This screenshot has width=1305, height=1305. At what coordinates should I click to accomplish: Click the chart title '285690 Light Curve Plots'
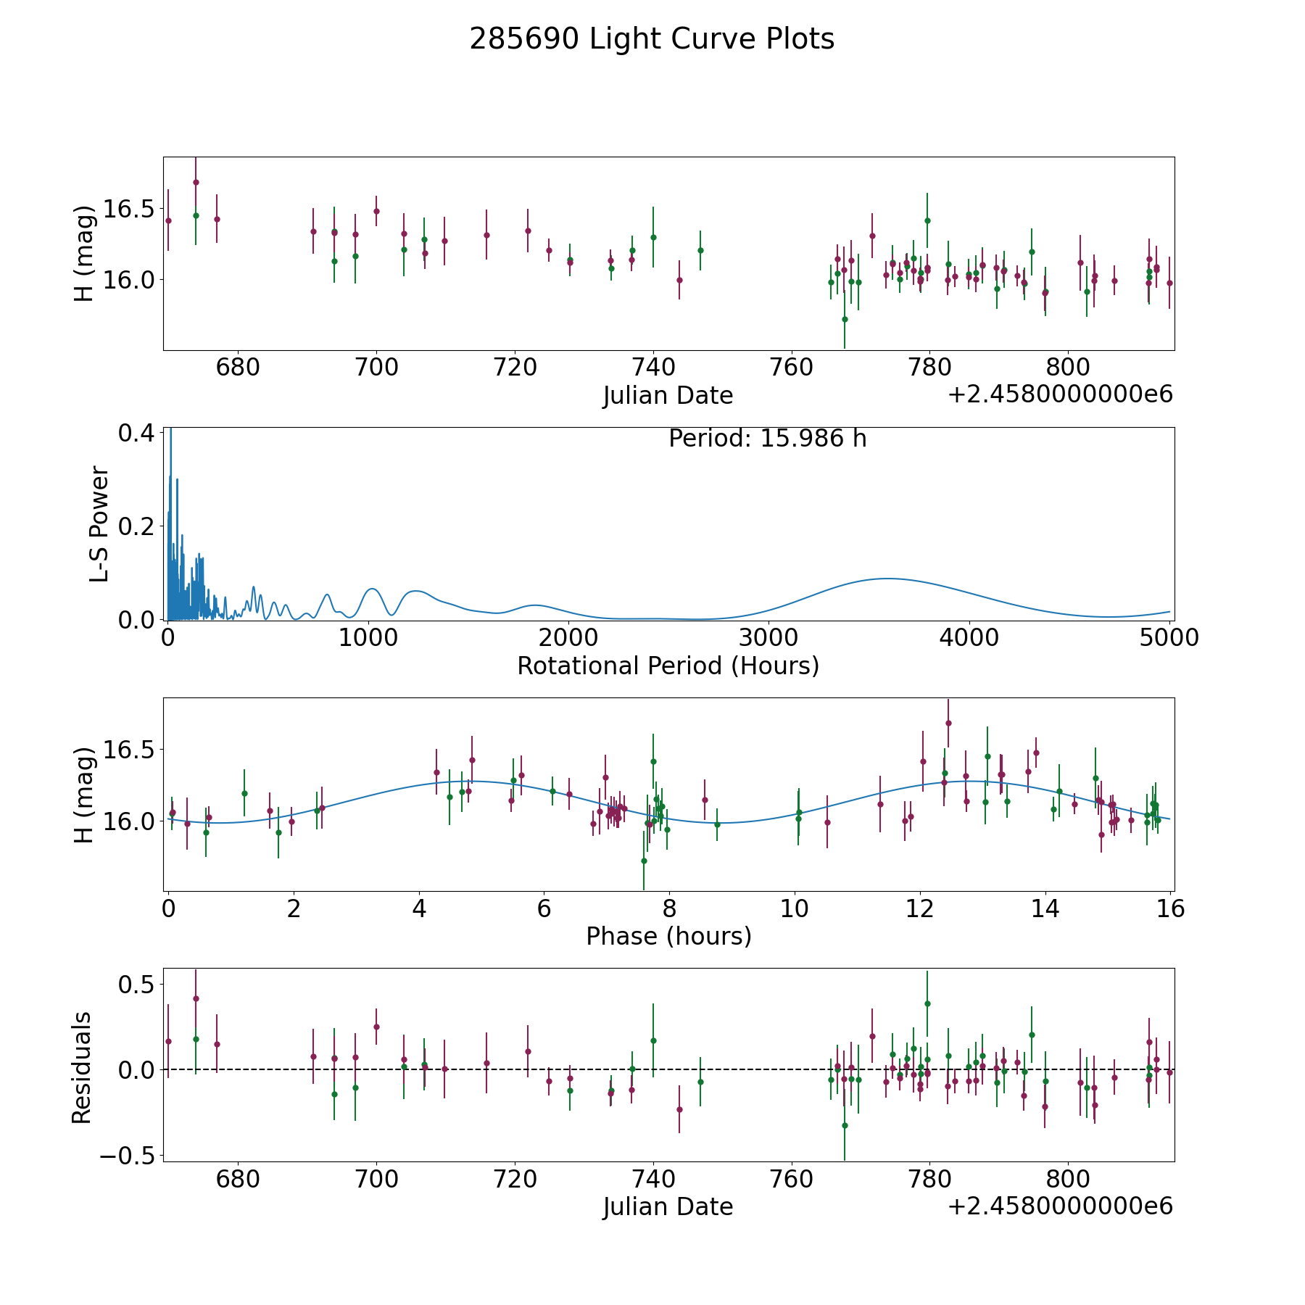pyautogui.click(x=652, y=39)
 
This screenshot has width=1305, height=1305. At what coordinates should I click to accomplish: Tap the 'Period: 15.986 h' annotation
pyautogui.click(x=767, y=439)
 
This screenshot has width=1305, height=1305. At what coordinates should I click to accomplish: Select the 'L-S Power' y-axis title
pyautogui.click(x=99, y=524)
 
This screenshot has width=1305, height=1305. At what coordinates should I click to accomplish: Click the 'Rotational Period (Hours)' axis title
pyautogui.click(x=668, y=666)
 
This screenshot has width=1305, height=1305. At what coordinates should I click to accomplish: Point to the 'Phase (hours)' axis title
pyautogui.click(x=668, y=936)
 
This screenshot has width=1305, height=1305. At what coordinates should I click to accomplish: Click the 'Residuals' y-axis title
pyautogui.click(x=82, y=1067)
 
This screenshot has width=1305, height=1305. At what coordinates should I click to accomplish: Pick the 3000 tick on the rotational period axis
pyautogui.click(x=768, y=637)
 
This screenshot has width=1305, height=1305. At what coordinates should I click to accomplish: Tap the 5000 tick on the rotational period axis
pyautogui.click(x=1169, y=637)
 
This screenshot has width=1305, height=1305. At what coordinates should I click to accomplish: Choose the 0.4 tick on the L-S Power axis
pyautogui.click(x=136, y=433)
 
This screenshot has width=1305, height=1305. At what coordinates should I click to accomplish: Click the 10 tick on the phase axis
pyautogui.click(x=795, y=908)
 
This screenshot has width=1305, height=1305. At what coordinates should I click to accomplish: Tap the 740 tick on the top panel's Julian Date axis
pyautogui.click(x=653, y=368)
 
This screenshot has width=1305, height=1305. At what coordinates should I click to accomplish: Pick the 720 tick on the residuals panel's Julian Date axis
pyautogui.click(x=515, y=1179)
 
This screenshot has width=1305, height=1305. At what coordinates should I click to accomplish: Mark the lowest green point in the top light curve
pyautogui.click(x=845, y=319)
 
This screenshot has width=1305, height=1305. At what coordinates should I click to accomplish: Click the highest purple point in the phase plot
pyautogui.click(x=948, y=723)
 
